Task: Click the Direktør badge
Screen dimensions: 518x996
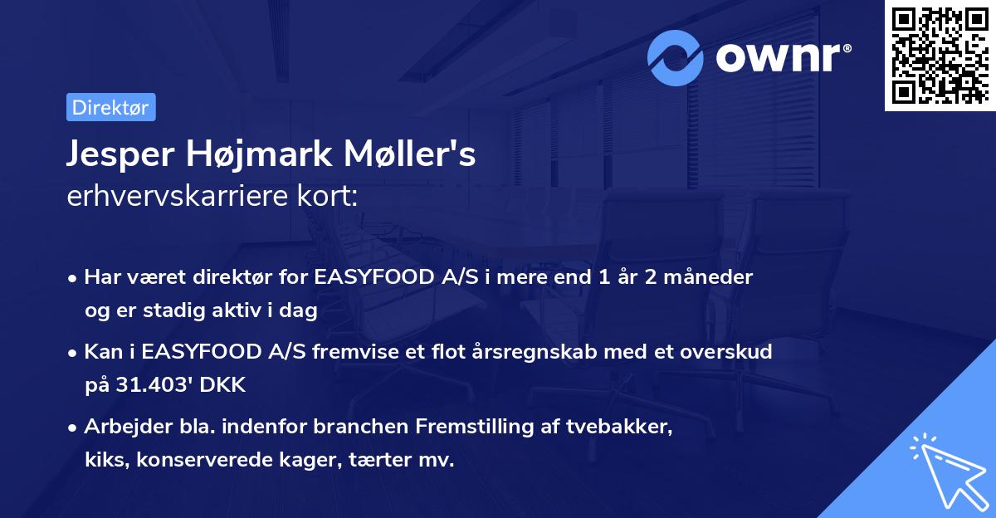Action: tap(110, 107)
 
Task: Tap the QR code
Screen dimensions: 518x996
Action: tap(940, 56)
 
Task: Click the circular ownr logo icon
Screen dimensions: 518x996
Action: tap(676, 57)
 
